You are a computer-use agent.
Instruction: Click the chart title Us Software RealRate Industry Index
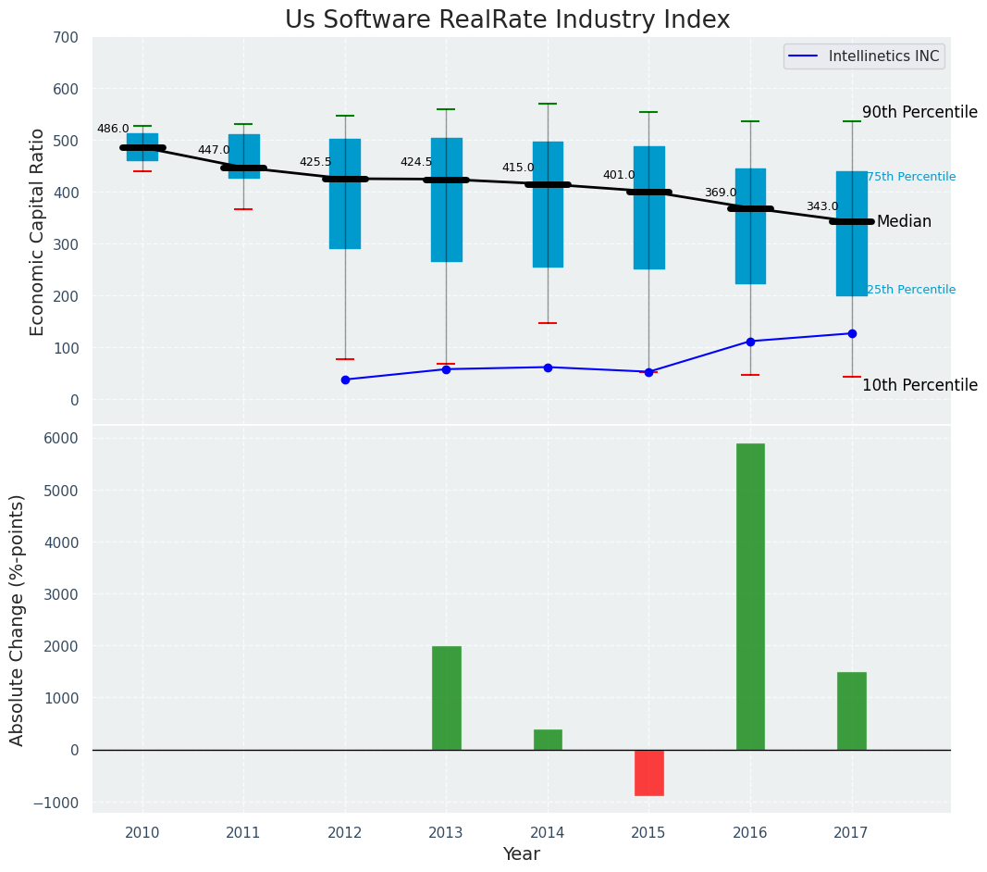pos(507,20)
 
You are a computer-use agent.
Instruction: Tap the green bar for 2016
pos(750,596)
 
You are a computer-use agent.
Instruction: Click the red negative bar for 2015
pos(648,772)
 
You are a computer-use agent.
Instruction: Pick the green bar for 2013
pos(446,697)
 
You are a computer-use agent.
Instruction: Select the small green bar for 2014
pos(548,739)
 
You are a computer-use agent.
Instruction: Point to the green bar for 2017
pos(851,710)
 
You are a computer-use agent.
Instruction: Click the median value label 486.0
pos(113,129)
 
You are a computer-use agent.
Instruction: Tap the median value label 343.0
pos(821,206)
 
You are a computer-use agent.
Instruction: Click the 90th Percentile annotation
pos(919,112)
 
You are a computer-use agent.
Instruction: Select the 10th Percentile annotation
pos(919,385)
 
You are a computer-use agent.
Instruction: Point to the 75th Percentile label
pos(911,177)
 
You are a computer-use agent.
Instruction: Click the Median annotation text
pos(904,221)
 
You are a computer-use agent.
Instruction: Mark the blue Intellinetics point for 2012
pos(345,380)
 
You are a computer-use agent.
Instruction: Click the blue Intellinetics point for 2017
pos(852,333)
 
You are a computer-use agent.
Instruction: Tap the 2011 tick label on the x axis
pos(243,832)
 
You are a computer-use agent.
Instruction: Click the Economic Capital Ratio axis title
pos(38,231)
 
